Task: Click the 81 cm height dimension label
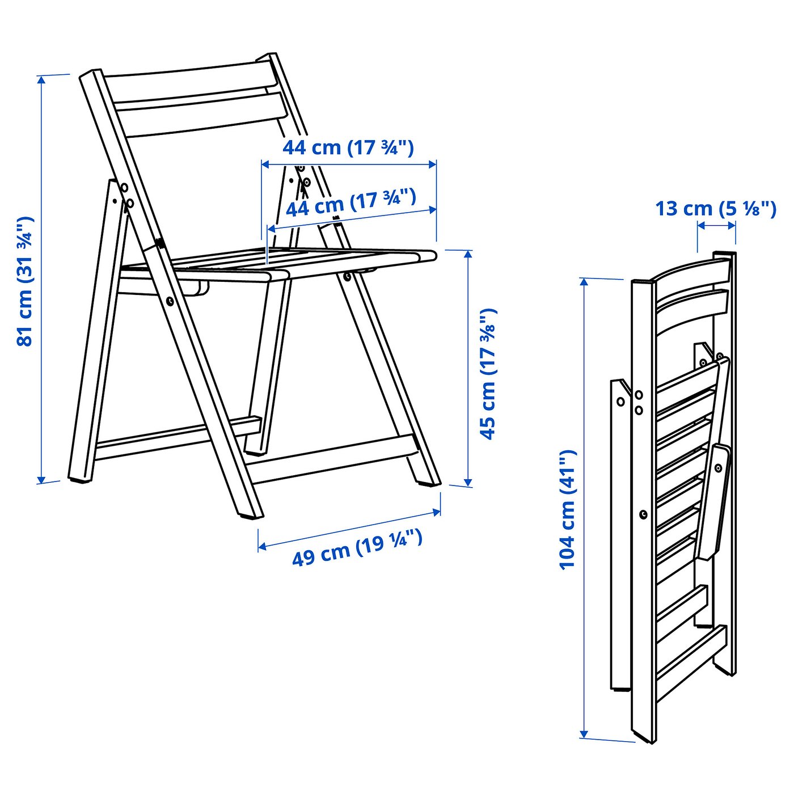pyautogui.click(x=25, y=281)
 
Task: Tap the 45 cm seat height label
pyautogui.click(x=488, y=374)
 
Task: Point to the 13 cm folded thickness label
pyautogui.click(x=716, y=209)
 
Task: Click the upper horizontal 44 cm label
pyautogui.click(x=348, y=147)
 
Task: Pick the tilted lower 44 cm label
pyautogui.click(x=351, y=203)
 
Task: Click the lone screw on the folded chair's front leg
pyautogui.click(x=643, y=514)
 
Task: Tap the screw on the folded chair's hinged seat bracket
pyautogui.click(x=718, y=468)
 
